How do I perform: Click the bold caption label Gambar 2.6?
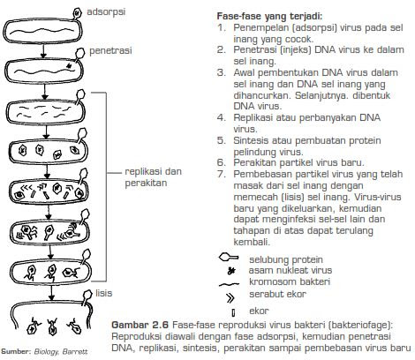[x=135, y=324]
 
